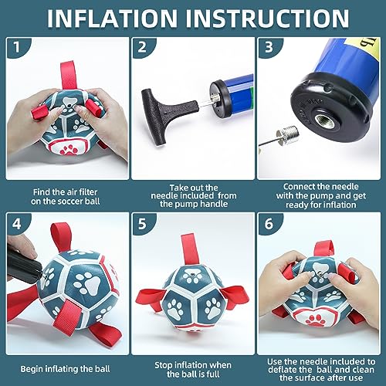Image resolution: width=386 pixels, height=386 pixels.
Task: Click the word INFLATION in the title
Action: coord(112,18)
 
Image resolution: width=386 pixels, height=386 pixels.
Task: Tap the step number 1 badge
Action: coord(17,47)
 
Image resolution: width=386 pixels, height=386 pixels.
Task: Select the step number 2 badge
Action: coord(142,47)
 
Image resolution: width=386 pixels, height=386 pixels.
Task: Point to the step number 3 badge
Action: coord(269,47)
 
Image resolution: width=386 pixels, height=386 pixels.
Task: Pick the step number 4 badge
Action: coord(17,224)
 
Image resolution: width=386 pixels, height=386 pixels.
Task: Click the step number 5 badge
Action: coord(142,224)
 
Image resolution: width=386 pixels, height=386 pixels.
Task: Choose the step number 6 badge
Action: coord(269,224)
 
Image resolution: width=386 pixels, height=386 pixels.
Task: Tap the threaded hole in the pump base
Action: coord(325,120)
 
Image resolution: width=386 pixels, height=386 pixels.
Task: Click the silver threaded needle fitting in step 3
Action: coord(288,134)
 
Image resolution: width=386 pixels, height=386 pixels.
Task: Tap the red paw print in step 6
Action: coord(314,319)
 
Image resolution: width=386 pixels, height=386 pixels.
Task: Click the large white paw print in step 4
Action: coord(86,283)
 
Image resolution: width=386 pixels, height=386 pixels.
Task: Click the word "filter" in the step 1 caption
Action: coord(88,192)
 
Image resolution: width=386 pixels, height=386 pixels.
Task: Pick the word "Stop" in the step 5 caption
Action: coord(164,365)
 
